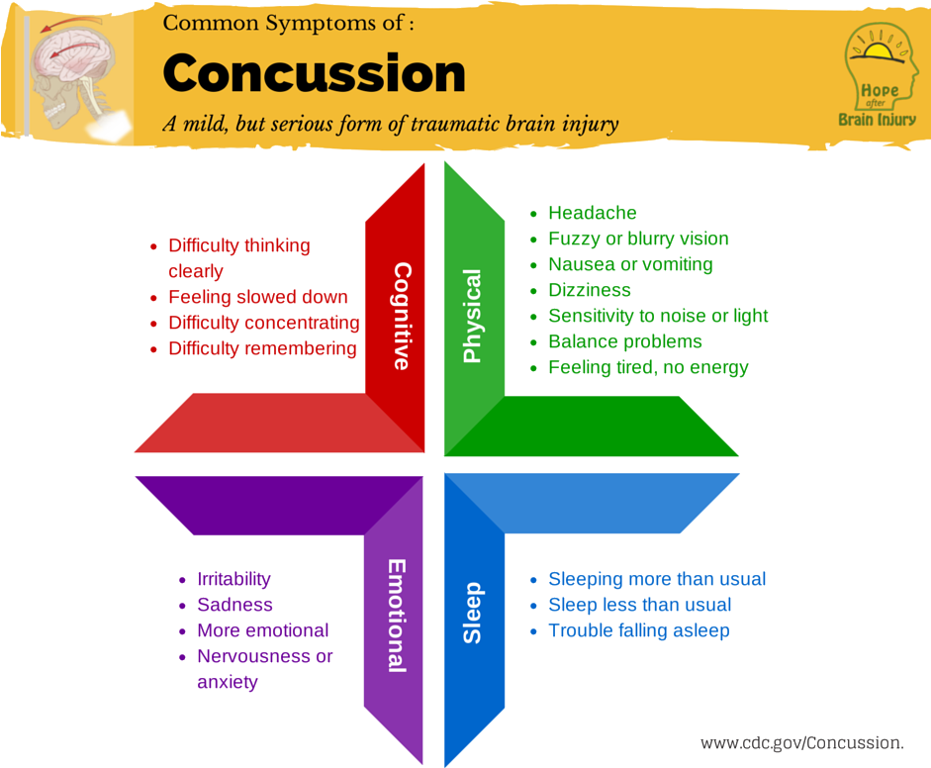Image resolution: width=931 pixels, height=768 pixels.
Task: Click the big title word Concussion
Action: (314, 74)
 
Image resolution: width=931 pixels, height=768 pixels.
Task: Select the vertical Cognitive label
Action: (401, 316)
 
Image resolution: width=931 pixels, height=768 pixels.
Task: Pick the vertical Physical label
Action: (472, 316)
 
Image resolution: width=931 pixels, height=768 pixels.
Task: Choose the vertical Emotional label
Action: (396, 615)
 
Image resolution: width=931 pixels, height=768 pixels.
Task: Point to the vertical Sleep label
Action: (473, 613)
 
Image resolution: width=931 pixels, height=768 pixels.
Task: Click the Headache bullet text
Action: (592, 213)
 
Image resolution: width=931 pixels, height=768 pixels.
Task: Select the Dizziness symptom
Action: (589, 290)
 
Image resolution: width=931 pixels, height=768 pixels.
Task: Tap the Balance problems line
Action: (624, 341)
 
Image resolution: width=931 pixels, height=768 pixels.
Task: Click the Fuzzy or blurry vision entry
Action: (638, 239)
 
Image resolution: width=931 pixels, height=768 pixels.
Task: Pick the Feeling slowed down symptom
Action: (257, 297)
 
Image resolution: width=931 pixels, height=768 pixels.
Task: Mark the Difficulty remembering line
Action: (262, 348)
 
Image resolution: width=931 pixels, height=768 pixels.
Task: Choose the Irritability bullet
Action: (233, 579)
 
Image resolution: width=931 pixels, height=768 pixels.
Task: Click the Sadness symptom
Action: (234, 605)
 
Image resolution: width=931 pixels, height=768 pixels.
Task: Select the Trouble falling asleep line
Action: (638, 630)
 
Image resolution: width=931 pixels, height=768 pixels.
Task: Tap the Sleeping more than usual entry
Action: (657, 579)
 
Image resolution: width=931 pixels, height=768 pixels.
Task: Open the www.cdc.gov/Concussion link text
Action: (801, 742)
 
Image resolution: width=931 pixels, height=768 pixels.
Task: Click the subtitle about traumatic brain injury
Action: (391, 125)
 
